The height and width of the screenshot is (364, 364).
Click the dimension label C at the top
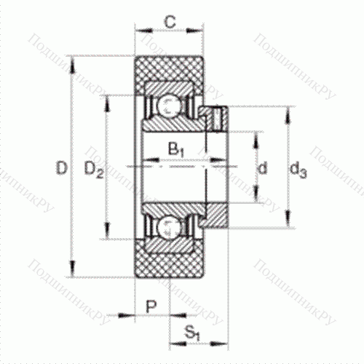[x=169, y=22]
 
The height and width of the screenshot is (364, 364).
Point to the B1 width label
[x=175, y=149]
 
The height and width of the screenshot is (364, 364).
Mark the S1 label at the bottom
[x=192, y=334]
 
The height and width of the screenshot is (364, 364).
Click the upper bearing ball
[x=169, y=106]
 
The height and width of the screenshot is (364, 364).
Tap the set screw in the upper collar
[x=215, y=116]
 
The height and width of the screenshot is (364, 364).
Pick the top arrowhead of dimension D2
[x=108, y=98]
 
